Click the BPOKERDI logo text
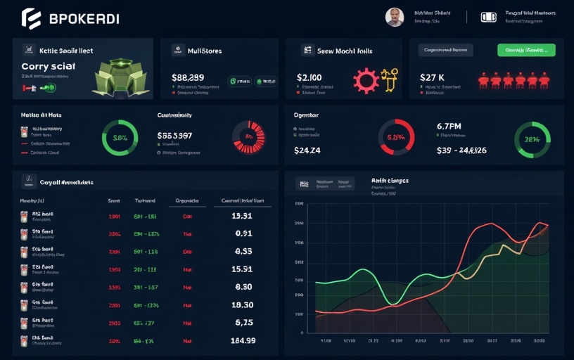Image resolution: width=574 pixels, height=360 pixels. [x=84, y=19]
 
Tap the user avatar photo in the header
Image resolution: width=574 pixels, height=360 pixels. [x=395, y=18]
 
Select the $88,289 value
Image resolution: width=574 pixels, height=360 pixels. [x=188, y=77]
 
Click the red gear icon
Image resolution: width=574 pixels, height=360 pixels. [x=366, y=80]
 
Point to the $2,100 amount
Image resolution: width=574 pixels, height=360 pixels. [x=310, y=77]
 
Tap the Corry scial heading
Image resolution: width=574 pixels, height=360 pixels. [x=49, y=65]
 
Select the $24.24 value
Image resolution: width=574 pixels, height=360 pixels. [x=307, y=150]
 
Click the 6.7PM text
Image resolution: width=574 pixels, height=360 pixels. [x=449, y=127]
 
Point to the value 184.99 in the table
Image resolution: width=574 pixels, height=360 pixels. [x=243, y=340]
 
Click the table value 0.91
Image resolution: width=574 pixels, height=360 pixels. [x=243, y=233]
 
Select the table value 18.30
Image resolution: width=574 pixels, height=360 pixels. [x=243, y=305]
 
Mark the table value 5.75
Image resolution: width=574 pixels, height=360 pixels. [x=243, y=323]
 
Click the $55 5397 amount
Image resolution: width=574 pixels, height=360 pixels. [x=184, y=135]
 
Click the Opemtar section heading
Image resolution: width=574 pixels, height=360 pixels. [x=305, y=114]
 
